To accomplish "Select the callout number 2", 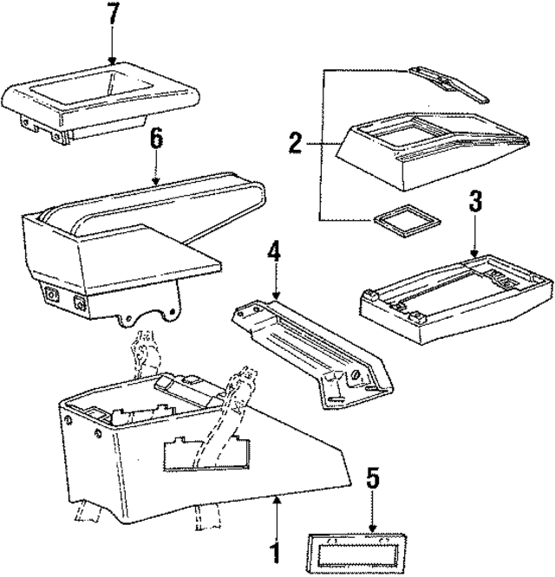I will [x=297, y=142].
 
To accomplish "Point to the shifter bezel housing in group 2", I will [x=425, y=147].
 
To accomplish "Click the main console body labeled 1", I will [x=173, y=451].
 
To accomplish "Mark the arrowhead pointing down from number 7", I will [x=112, y=60].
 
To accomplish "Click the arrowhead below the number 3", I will [x=474, y=250].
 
